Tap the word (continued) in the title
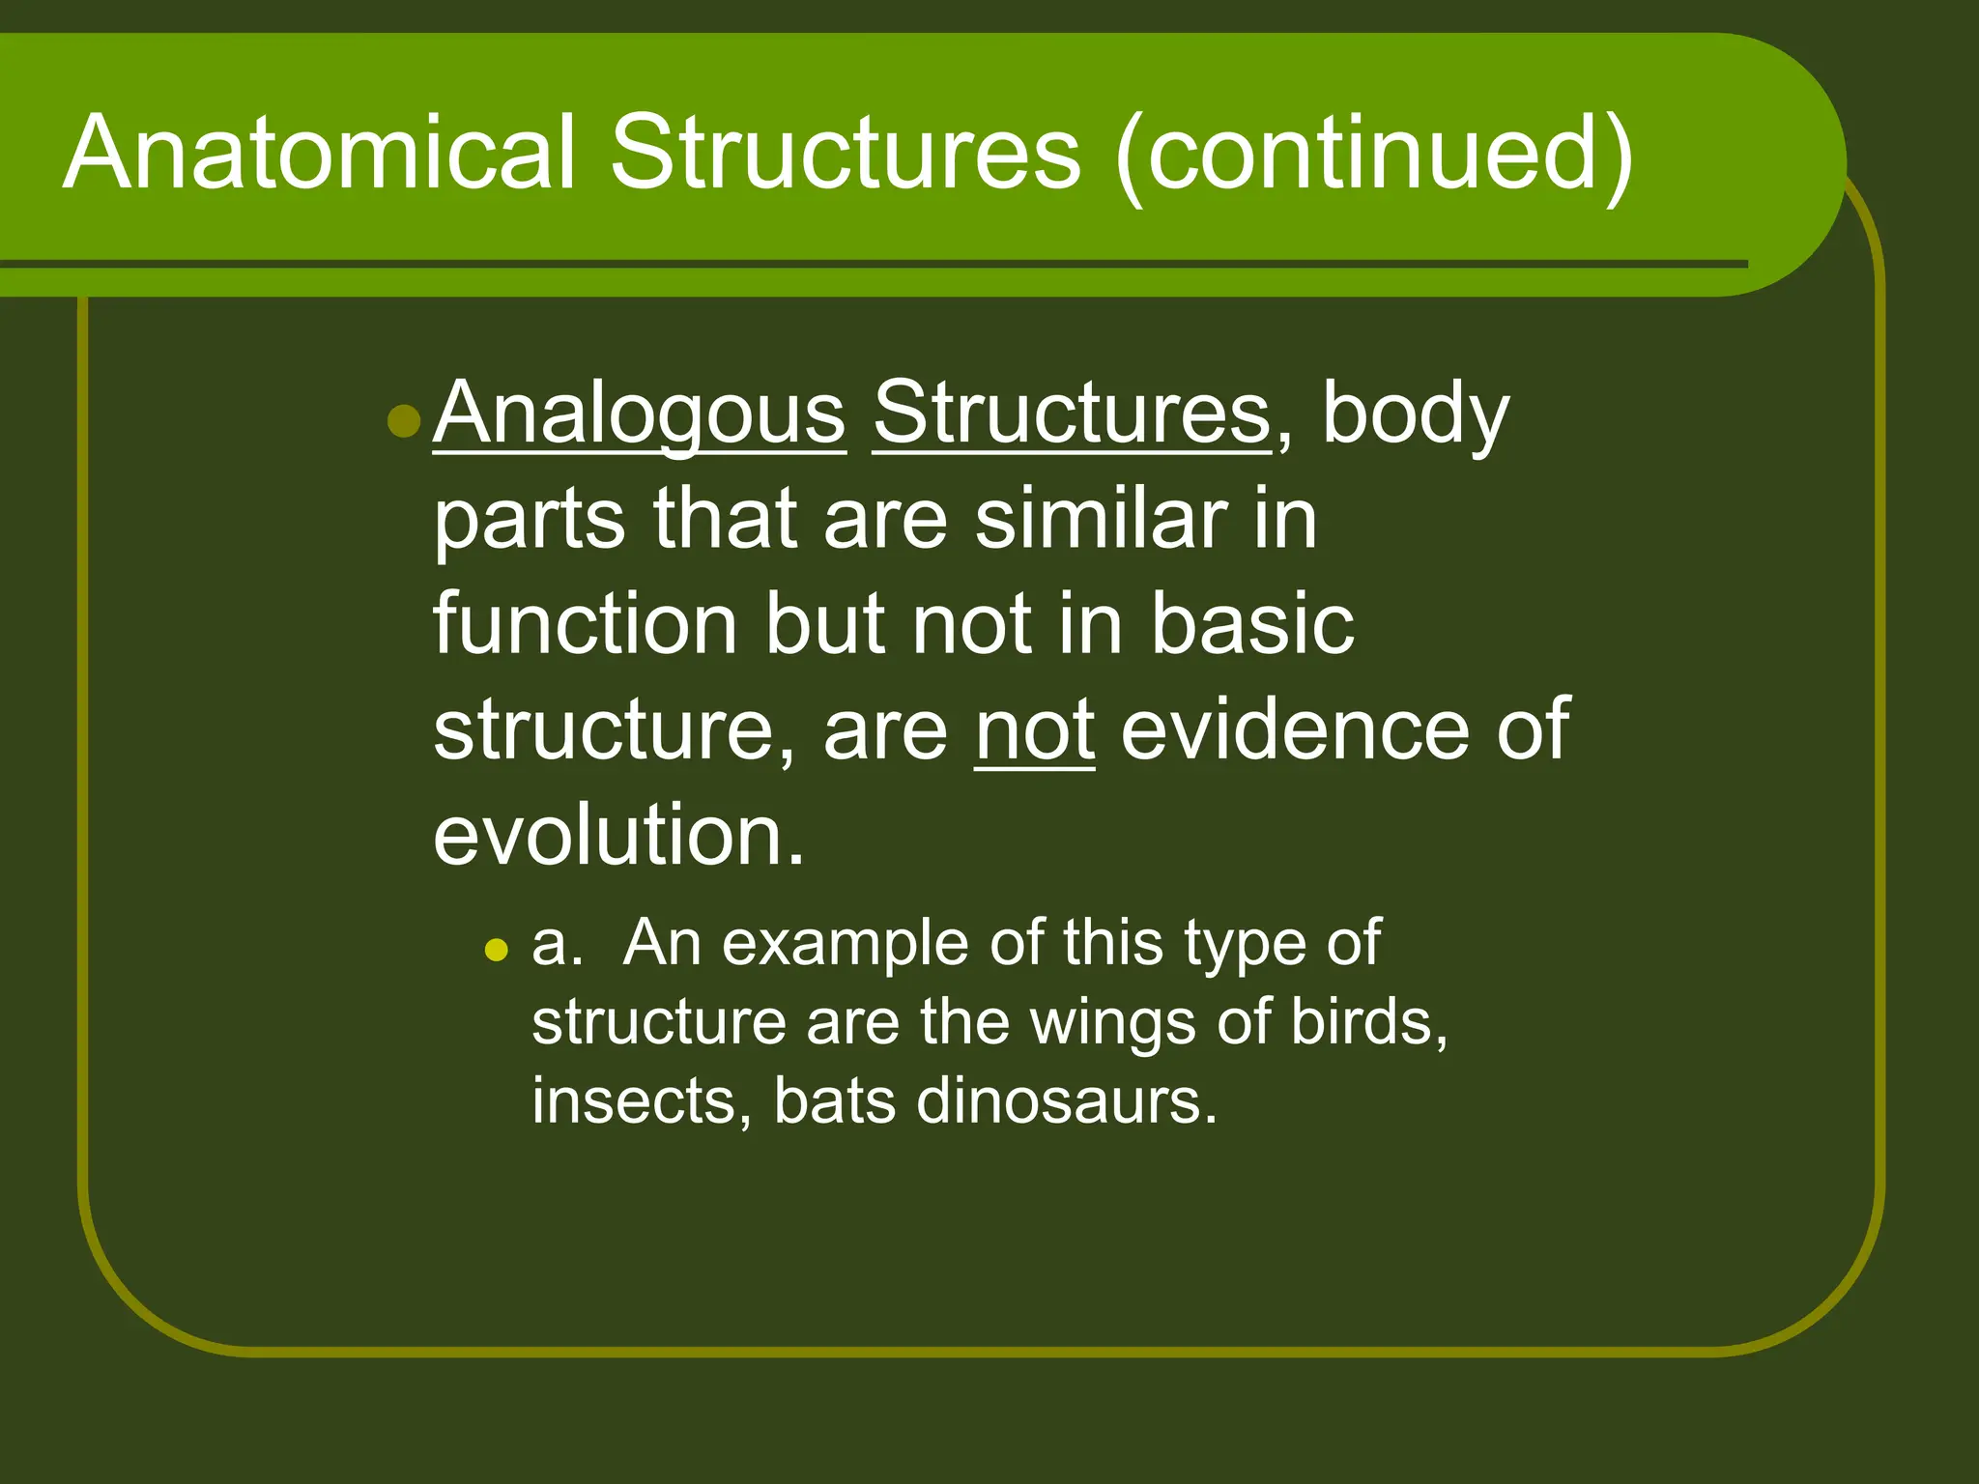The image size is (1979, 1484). [1373, 154]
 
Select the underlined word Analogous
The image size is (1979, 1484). [640, 414]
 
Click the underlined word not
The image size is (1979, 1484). [1034, 730]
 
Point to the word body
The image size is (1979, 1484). [1415, 414]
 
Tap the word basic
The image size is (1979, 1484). [1252, 625]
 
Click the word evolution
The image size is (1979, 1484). [618, 835]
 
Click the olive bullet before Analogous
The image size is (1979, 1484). [403, 421]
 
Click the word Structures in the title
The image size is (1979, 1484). [846, 154]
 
